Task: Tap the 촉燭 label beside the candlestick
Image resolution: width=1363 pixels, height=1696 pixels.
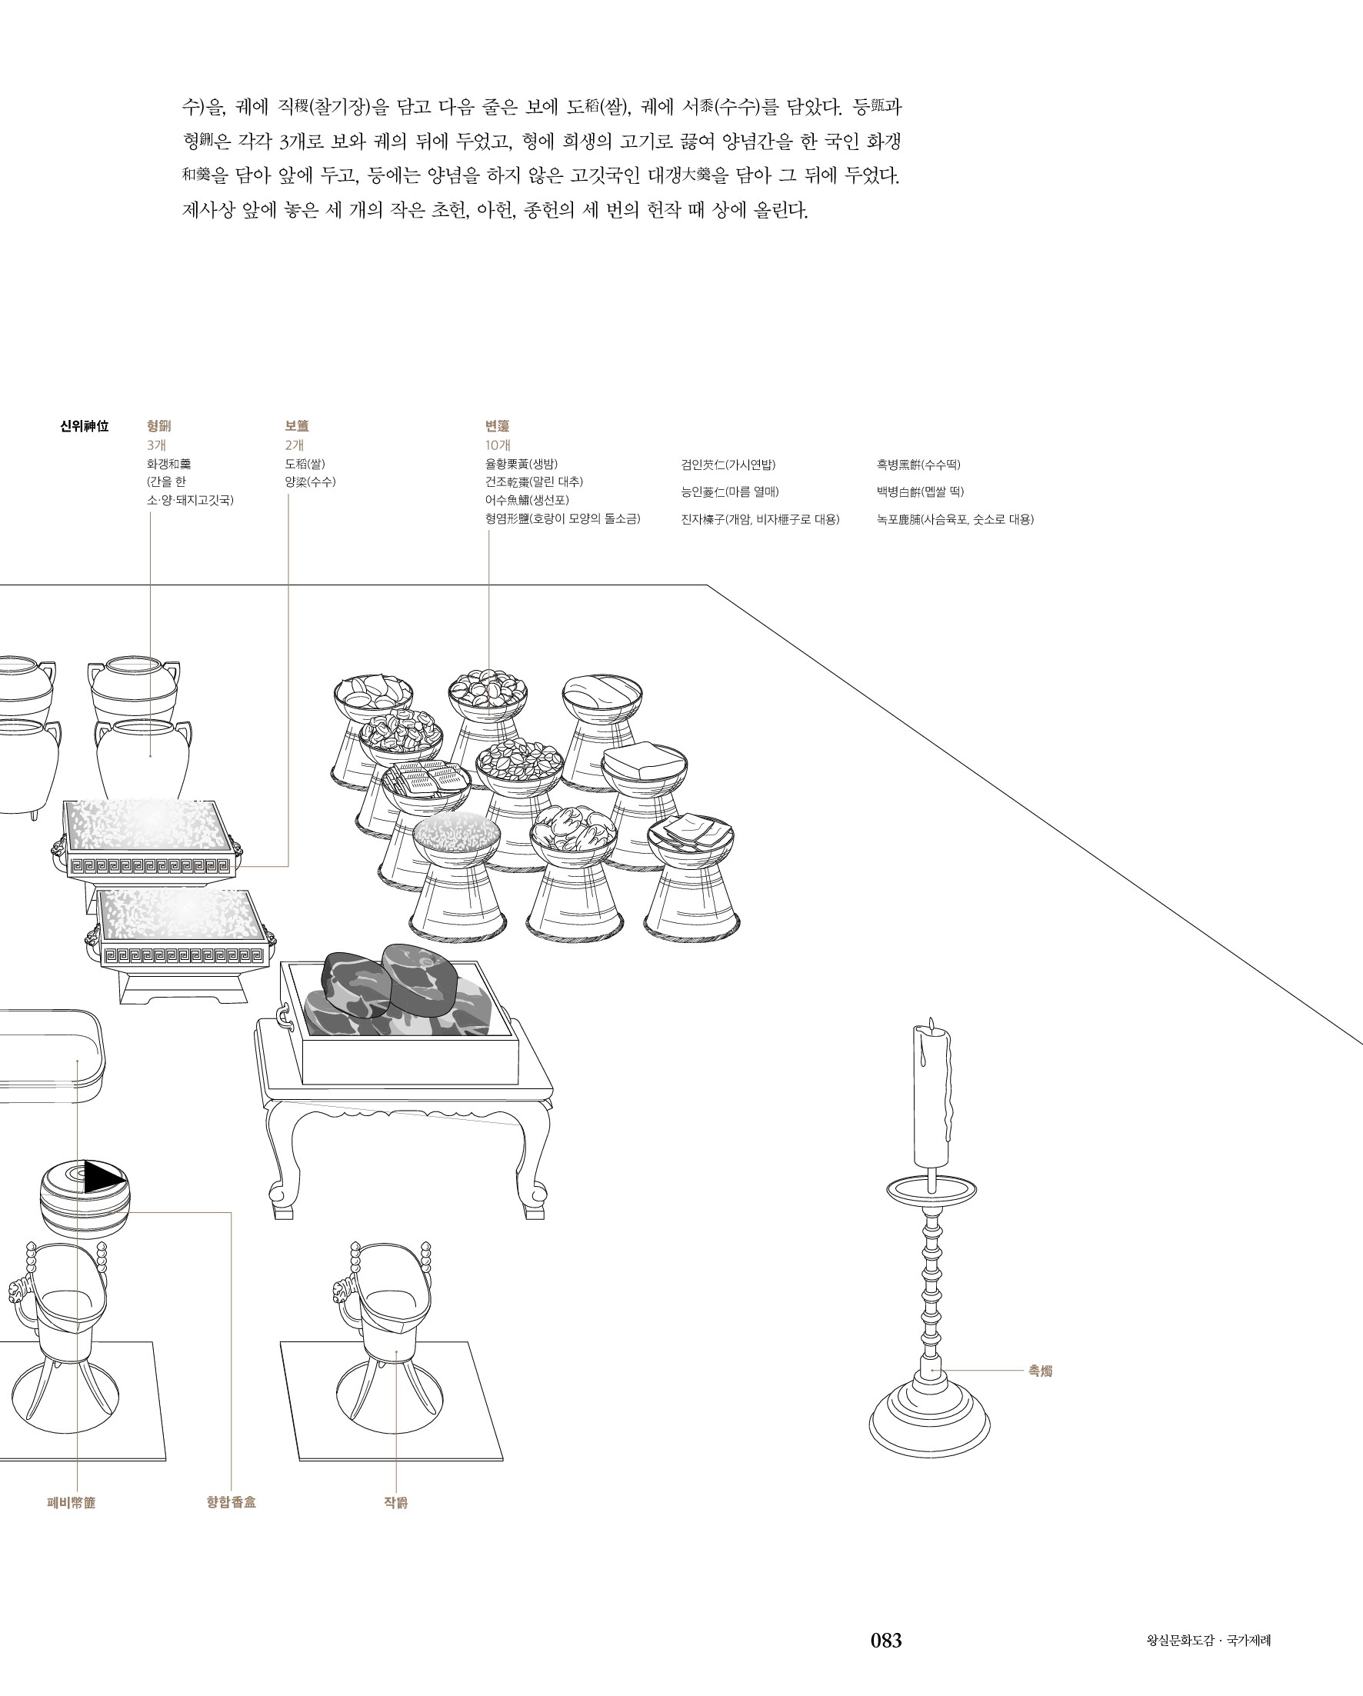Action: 1040,1371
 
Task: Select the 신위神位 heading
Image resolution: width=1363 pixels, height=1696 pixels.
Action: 84,426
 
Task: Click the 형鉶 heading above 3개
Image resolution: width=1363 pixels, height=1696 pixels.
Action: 159,426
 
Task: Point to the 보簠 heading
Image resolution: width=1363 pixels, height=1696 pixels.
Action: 296,426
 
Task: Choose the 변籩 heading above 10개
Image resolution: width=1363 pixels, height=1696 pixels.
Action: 497,426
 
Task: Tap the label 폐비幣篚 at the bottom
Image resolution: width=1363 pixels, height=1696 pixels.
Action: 72,1502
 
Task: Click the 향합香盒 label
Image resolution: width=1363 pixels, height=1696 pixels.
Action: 232,1501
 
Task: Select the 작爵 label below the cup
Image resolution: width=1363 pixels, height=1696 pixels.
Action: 395,1502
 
